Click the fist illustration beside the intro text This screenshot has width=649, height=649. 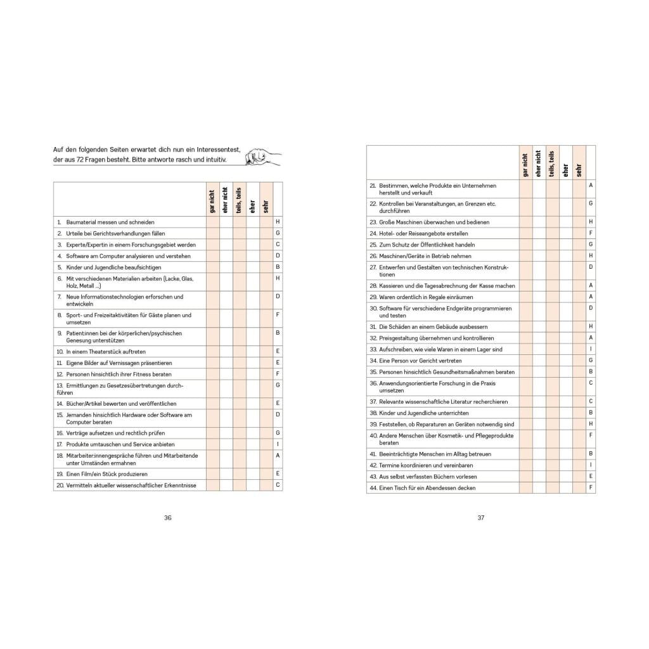pyautogui.click(x=259, y=155)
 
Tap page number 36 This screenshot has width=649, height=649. pyautogui.click(x=168, y=517)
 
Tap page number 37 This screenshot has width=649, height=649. pyautogui.click(x=480, y=517)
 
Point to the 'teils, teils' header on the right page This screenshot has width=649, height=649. pyautogui.click(x=551, y=164)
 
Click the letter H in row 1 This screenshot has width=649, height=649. pyautogui.click(x=278, y=222)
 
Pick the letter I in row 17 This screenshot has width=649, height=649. pyautogui.click(x=278, y=444)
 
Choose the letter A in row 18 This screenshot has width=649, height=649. pyautogui.click(x=278, y=456)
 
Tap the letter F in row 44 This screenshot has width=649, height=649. pyautogui.click(x=591, y=487)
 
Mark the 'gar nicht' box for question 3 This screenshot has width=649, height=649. pyautogui.click(x=212, y=245)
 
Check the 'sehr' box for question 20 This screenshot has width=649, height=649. pyautogui.click(x=266, y=485)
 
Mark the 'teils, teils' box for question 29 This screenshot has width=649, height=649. pyautogui.click(x=551, y=297)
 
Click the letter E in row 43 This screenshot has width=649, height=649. pyautogui.click(x=591, y=476)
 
